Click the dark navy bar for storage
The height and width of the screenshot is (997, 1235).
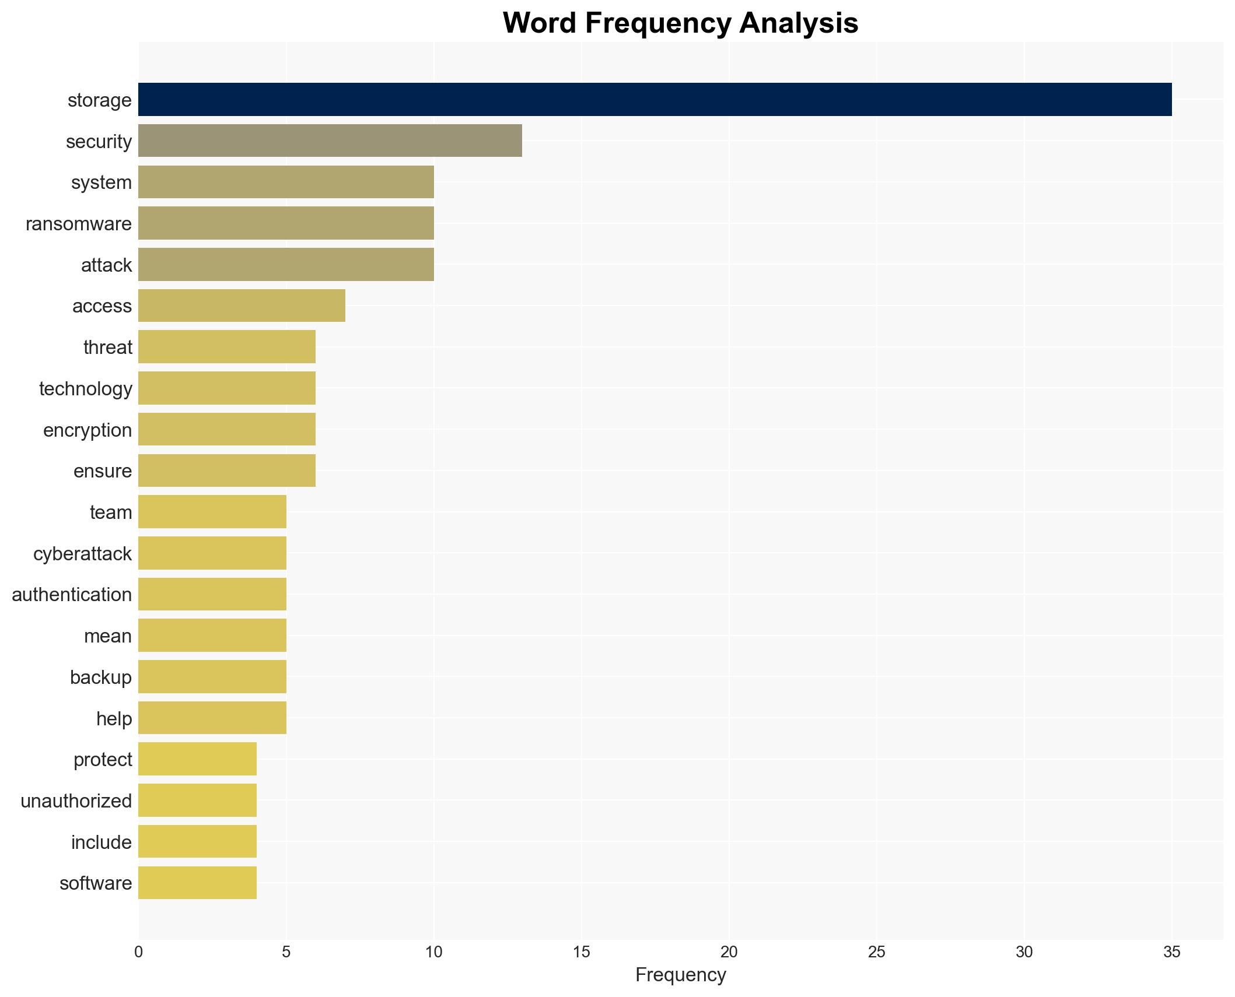655,100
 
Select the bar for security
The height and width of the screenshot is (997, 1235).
330,141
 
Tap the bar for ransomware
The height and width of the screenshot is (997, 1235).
286,223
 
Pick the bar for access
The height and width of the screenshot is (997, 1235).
242,306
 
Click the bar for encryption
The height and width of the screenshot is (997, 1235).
227,430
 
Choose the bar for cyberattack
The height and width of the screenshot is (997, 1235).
212,553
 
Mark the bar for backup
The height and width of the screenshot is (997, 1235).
212,677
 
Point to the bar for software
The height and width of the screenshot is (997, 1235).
197,883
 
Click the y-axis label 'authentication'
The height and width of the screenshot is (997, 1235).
72,595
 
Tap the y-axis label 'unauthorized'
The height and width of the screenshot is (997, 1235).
76,801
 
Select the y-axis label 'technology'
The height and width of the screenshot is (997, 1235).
86,389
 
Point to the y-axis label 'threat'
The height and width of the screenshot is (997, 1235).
108,347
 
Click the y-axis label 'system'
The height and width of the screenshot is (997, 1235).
102,182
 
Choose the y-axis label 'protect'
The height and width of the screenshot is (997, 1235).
103,760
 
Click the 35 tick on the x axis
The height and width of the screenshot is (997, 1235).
1171,952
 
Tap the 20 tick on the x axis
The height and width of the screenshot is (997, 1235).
729,952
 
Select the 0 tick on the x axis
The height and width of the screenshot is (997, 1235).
138,952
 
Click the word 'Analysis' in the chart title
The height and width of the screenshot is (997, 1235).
799,23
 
